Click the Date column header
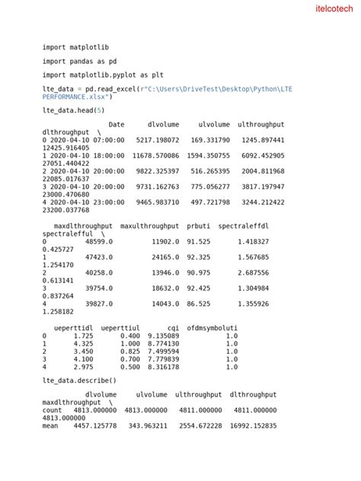click(117, 125)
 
